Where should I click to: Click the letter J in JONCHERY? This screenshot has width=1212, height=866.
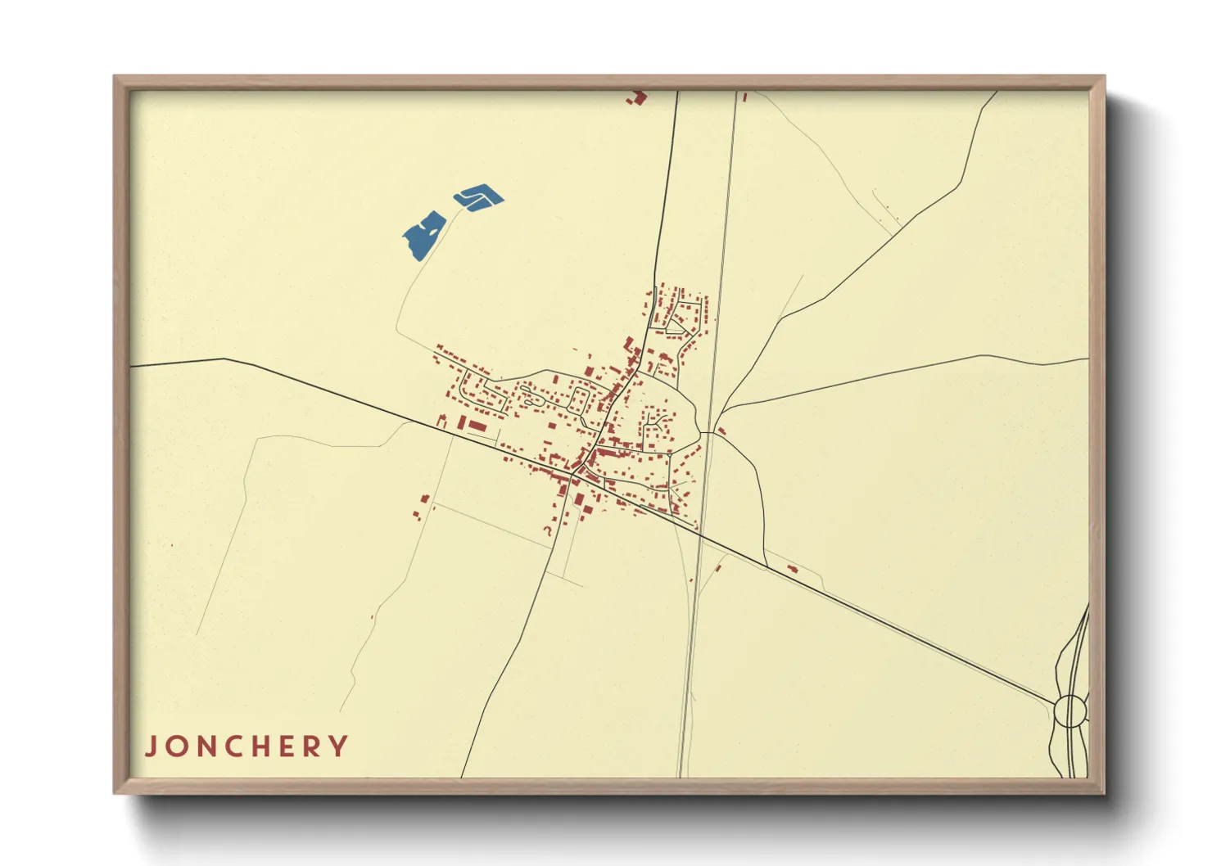click(151, 746)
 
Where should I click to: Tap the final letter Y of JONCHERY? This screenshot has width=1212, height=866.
click(339, 746)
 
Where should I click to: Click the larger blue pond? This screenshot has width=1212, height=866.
click(423, 235)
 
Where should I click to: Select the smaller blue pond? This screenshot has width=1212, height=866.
click(479, 197)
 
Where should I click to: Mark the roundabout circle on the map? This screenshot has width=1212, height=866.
click(1070, 710)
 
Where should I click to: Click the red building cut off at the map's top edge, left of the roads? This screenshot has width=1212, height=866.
click(637, 98)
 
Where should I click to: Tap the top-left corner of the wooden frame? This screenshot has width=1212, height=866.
click(115, 78)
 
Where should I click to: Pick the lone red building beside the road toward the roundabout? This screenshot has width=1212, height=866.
click(792, 569)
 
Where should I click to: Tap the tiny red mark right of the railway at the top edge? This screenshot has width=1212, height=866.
click(744, 97)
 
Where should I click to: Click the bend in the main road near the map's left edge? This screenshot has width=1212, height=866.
click(224, 359)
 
